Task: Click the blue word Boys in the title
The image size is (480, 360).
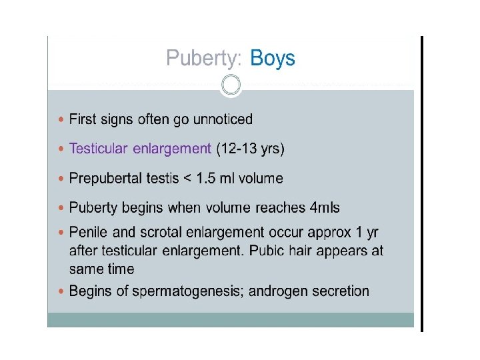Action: point(273,58)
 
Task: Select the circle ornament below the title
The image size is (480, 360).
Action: point(231,85)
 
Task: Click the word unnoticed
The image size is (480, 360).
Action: point(223,119)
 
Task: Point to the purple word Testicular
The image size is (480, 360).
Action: point(98,149)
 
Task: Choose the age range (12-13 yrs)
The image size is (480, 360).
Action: point(251,149)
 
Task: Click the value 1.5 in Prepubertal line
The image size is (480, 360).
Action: point(206,178)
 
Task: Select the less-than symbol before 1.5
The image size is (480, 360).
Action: point(187,179)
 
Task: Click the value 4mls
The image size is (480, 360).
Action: point(325,207)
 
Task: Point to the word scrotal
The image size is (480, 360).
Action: point(161,232)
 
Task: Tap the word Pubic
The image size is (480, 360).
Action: point(267,251)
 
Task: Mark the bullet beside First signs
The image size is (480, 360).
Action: point(61,119)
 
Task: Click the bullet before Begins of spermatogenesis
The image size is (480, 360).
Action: point(61,291)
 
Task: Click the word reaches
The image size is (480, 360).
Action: point(280,207)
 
